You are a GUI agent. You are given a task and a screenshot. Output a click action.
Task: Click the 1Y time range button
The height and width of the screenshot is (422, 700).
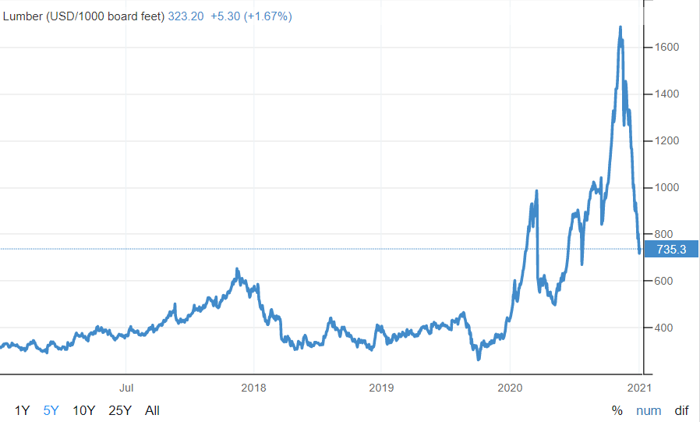(23, 410)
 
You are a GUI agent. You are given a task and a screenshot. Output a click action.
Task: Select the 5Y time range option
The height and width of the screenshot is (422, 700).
(51, 410)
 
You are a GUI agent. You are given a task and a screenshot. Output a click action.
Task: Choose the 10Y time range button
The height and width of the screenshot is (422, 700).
(84, 410)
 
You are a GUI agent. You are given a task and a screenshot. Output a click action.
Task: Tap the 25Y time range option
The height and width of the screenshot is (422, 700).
(120, 410)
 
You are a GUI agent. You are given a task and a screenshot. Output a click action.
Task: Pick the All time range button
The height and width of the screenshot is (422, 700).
(152, 410)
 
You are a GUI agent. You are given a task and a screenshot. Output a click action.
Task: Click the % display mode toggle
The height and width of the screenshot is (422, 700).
(617, 410)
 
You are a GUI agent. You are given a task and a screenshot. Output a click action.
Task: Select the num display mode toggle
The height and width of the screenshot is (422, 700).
(649, 410)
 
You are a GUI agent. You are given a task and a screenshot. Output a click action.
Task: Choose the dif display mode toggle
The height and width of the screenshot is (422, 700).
(681, 410)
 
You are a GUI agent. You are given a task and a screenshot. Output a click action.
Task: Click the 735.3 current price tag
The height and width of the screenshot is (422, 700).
(671, 250)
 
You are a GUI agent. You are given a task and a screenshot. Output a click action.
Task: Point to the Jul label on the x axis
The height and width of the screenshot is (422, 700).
(127, 387)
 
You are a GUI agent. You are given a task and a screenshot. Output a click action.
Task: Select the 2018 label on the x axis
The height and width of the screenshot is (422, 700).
(253, 387)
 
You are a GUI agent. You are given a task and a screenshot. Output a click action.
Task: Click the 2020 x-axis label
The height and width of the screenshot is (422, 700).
(509, 387)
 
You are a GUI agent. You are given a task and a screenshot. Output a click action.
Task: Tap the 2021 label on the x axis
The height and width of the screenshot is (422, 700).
(639, 387)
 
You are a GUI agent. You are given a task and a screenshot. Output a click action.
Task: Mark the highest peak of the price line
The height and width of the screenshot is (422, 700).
(620, 27)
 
